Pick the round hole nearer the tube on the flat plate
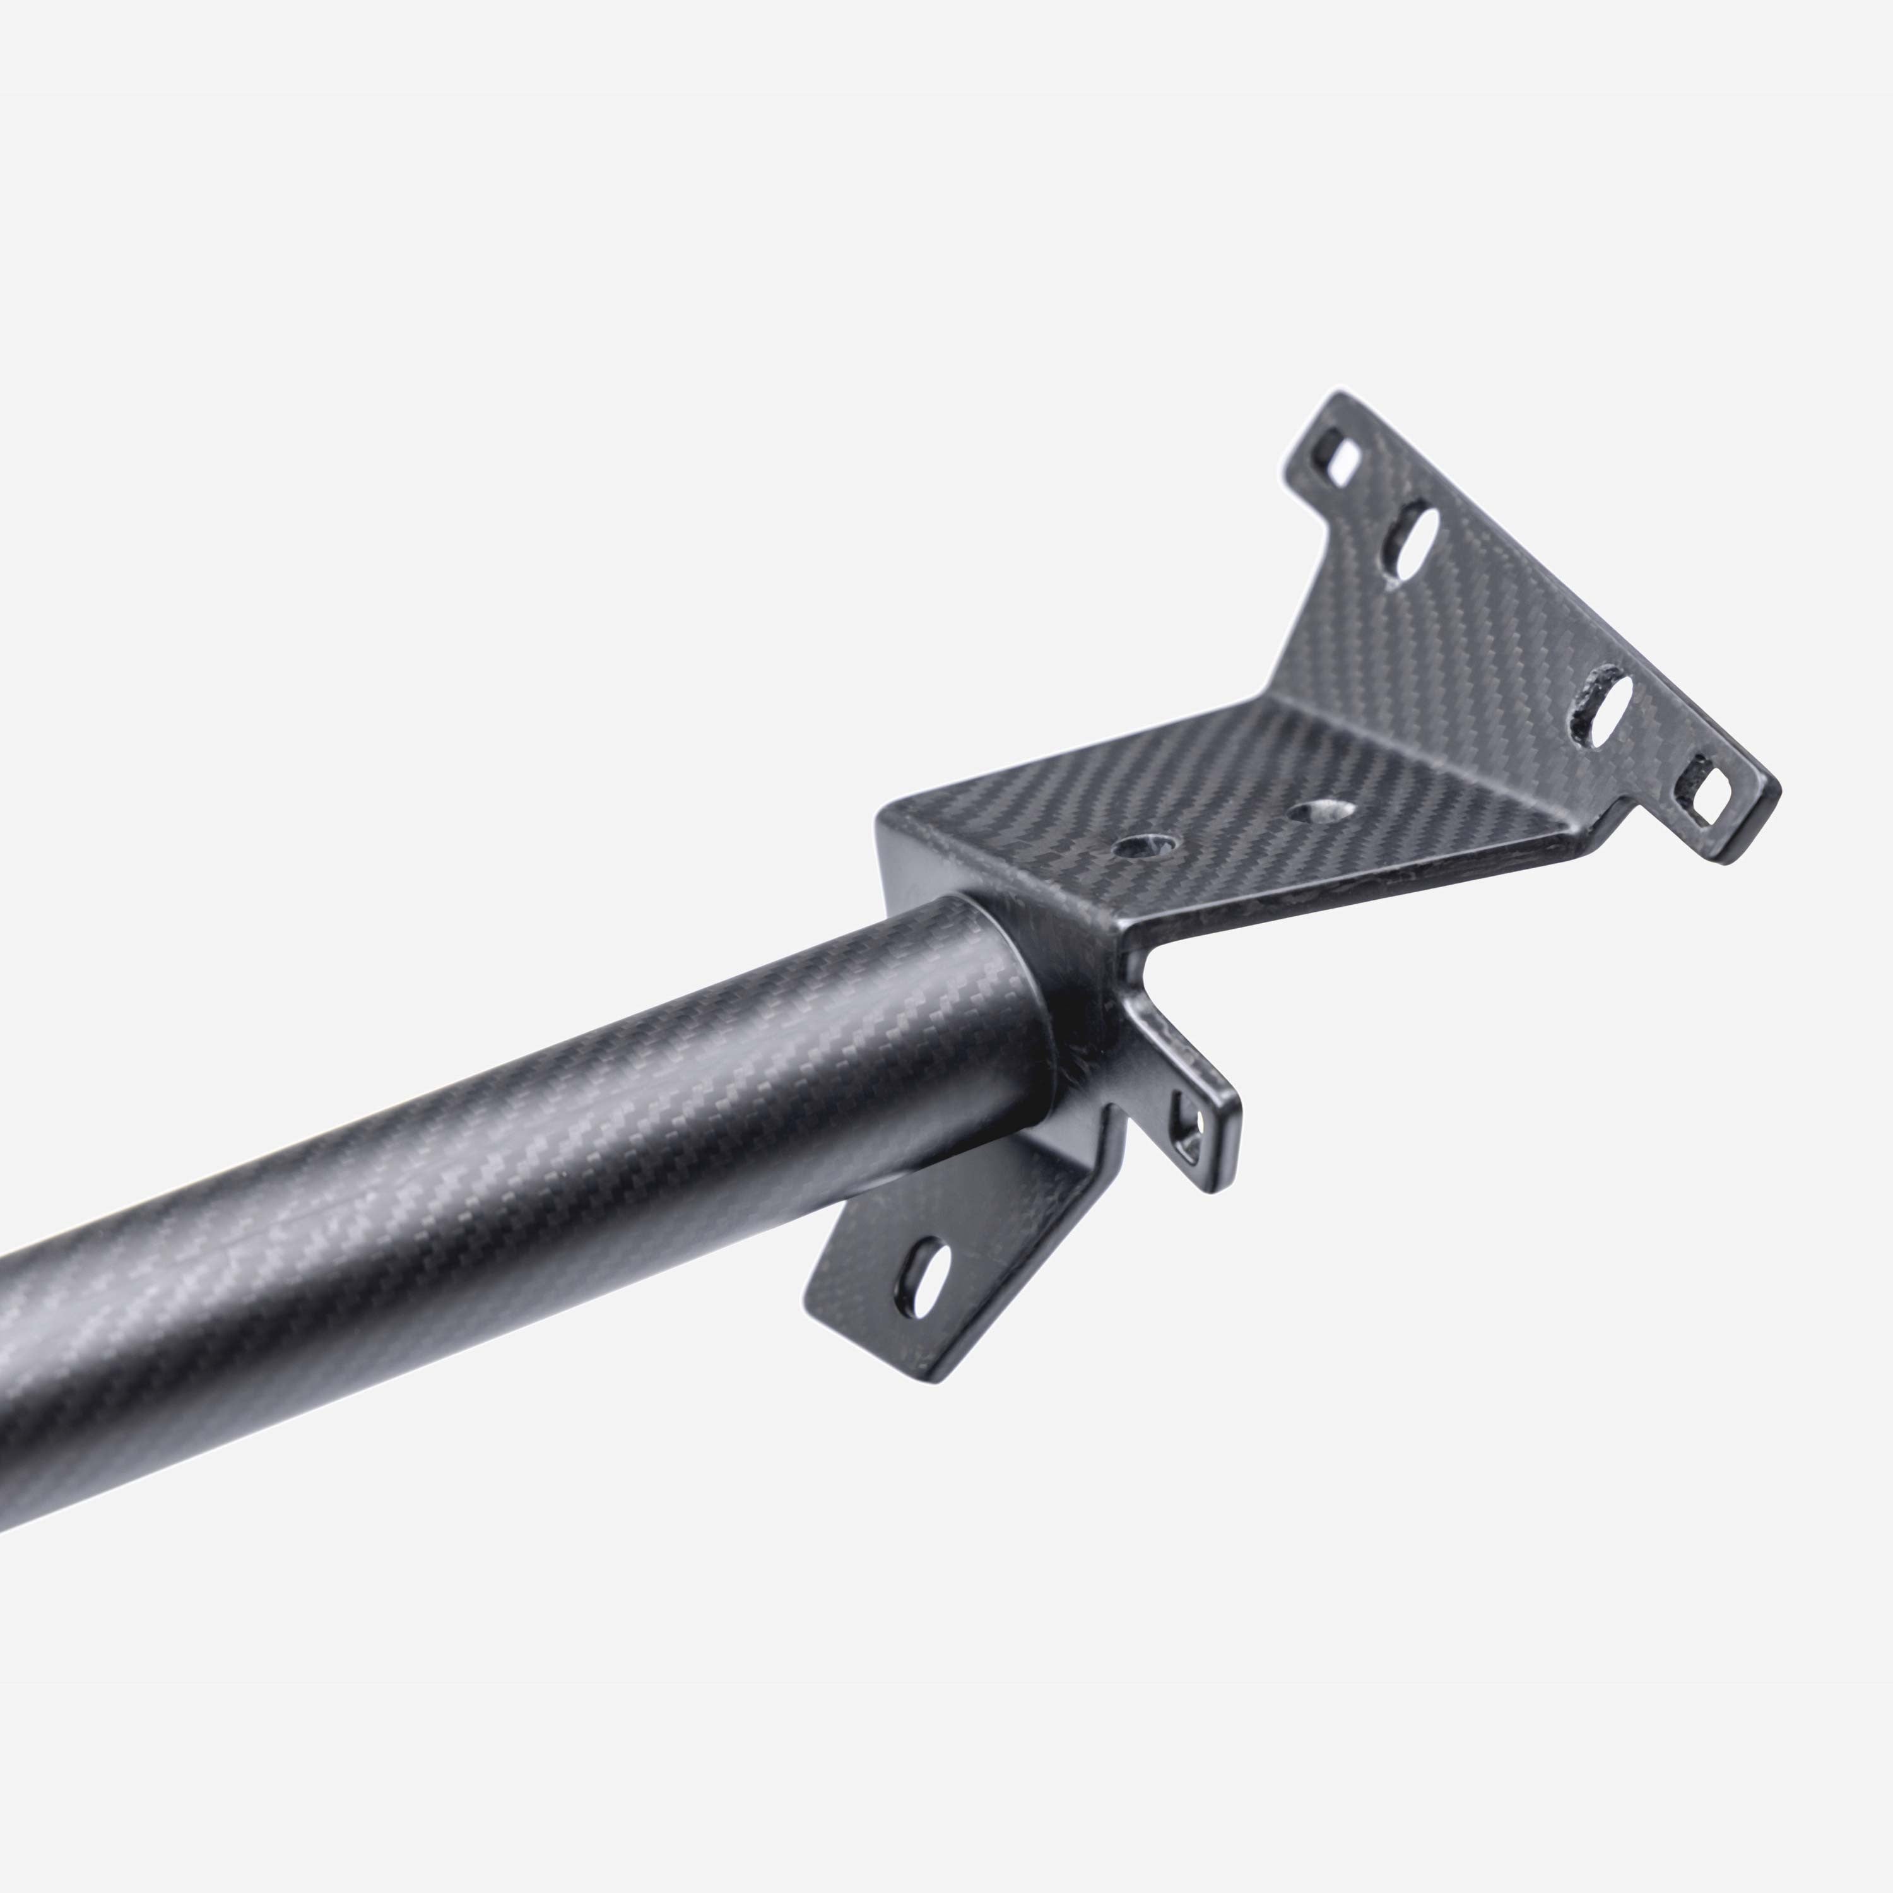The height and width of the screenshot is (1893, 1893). [1147, 845]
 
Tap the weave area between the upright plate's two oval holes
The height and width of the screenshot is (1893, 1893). [1509, 627]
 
